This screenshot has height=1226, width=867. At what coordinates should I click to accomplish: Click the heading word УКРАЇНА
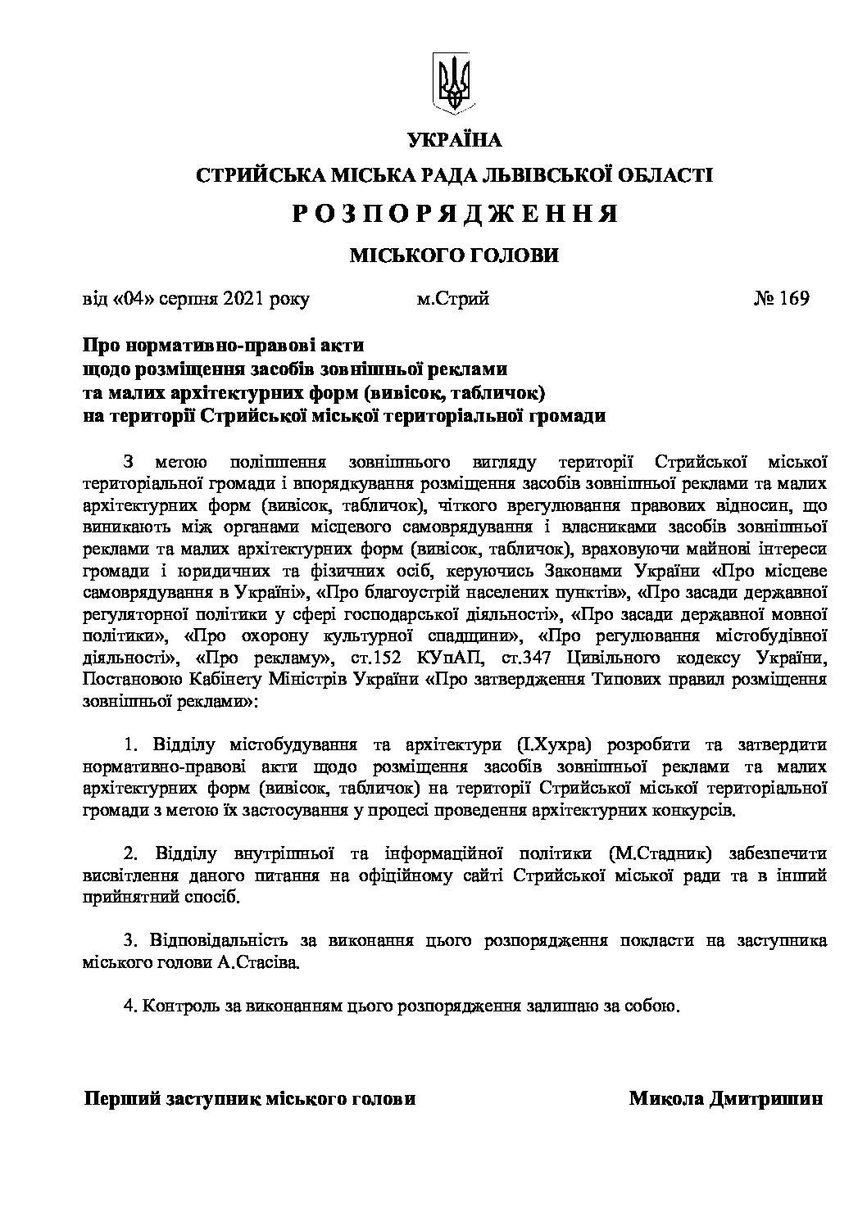(454, 140)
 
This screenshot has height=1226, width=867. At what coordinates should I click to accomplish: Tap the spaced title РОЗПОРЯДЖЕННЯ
(454, 214)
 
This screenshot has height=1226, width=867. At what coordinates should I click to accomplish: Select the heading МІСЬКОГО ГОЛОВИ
(454, 256)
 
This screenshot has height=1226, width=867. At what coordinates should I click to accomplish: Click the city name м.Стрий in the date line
(452, 298)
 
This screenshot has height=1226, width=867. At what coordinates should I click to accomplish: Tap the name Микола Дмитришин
(725, 1099)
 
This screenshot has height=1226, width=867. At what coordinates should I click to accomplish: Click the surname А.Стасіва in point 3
(260, 962)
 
